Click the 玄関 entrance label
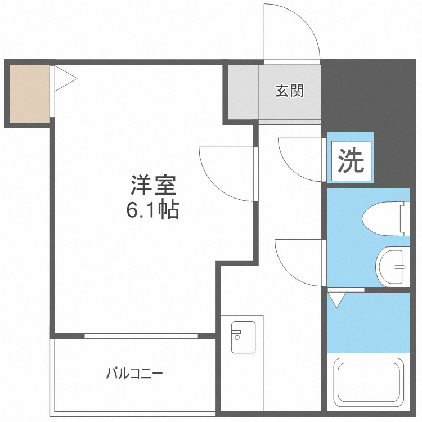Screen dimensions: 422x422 point(289,91)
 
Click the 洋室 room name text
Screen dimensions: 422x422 point(154,185)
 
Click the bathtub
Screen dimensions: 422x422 point(369,383)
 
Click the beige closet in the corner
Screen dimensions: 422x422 point(29,93)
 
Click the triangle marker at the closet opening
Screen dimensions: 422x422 point(64,79)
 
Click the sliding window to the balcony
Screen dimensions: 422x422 point(141,336)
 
